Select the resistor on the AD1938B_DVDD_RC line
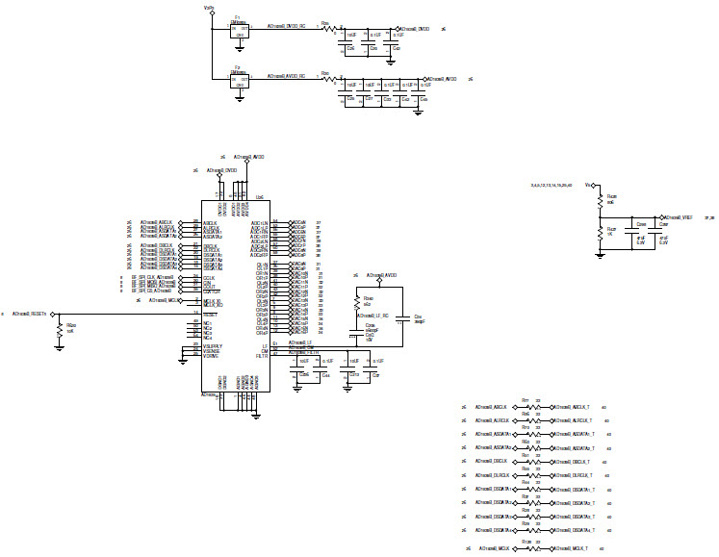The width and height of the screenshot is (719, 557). (328, 29)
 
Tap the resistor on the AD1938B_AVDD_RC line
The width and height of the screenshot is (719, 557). (328, 79)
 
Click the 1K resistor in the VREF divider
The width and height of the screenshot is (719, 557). (599, 233)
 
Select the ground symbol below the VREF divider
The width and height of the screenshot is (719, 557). (599, 254)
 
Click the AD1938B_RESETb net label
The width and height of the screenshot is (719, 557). (31, 314)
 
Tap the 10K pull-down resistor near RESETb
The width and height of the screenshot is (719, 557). (60, 329)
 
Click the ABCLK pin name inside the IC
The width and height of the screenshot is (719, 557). (209, 223)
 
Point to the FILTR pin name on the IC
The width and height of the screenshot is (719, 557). (262, 356)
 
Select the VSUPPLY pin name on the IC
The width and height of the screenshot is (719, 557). (214, 345)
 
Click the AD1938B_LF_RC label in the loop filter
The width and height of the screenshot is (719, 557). (372, 316)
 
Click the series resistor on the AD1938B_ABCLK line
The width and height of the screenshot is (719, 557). (527, 408)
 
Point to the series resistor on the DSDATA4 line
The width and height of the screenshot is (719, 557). (527, 530)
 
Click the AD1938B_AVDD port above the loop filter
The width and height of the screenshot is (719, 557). (382, 275)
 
